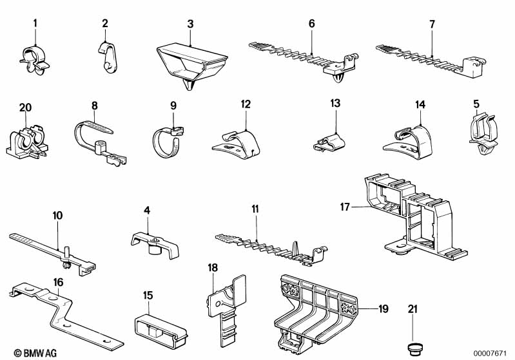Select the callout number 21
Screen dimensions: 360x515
413,310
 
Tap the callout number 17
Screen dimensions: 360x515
345,206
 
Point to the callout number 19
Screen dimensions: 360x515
383,309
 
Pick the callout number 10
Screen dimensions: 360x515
58,215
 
